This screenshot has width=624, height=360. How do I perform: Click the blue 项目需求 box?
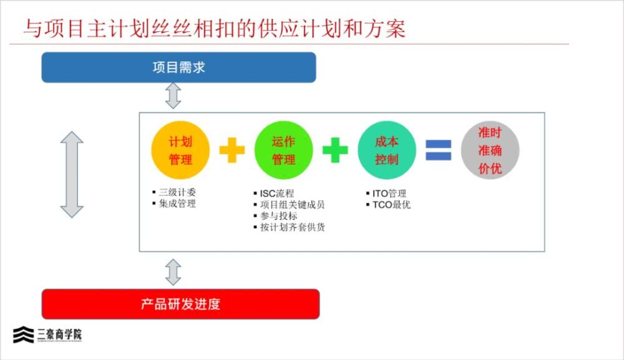coord(178,67)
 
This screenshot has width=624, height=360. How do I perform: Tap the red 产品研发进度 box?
coord(181,304)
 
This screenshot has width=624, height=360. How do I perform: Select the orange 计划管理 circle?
coord(180,150)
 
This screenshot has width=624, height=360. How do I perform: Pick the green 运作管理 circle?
coord(283,150)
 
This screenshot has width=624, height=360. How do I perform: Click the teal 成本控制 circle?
coord(387,150)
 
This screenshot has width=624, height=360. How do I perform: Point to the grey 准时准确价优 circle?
coord(490,150)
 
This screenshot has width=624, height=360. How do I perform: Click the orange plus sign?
coord(232,150)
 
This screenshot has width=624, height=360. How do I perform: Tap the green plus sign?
coord(335,150)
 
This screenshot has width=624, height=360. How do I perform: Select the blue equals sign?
coord(439,150)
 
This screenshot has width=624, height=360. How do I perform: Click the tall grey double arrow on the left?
coord(72,175)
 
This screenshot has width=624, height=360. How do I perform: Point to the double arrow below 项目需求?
coord(173,96)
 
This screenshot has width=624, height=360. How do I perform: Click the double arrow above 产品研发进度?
coord(173,273)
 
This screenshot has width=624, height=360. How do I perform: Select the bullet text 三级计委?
coord(177,193)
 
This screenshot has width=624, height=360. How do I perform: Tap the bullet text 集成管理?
coord(177,203)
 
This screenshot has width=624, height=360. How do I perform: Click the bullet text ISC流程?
coord(277,193)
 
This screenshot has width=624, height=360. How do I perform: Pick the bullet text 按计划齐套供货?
coord(293,227)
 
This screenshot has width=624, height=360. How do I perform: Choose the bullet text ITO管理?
coord(389,193)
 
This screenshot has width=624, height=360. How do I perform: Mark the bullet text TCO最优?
coord(391,205)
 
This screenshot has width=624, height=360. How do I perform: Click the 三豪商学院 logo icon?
coord(24,334)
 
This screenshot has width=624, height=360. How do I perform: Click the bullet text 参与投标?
coord(278,216)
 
